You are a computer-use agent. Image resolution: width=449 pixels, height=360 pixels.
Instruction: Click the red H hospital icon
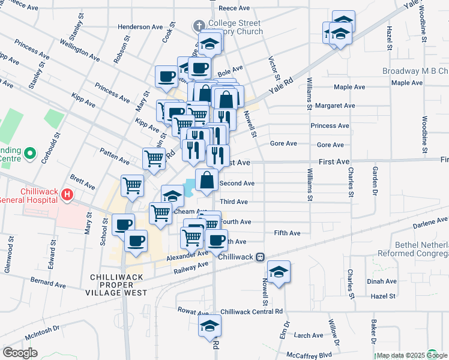(67, 195)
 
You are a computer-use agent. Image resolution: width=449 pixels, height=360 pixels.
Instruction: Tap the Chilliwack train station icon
(260, 257)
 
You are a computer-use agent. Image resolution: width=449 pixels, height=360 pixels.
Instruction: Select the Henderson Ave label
(140, 27)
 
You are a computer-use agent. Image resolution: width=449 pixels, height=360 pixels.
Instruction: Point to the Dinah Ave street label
(383, 281)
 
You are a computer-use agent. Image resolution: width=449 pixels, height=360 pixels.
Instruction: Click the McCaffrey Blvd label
(309, 355)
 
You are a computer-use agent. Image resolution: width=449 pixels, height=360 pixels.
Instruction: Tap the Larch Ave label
(309, 335)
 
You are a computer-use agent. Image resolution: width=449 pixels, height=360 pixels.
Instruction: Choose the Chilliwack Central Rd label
(252, 312)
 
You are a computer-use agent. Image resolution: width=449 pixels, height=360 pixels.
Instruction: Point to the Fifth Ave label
(287, 233)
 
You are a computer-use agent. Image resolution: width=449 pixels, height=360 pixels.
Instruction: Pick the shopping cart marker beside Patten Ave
(154, 158)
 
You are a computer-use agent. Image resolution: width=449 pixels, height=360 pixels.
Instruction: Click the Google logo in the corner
(20, 353)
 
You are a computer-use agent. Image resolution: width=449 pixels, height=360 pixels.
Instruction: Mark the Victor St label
(274, 69)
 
